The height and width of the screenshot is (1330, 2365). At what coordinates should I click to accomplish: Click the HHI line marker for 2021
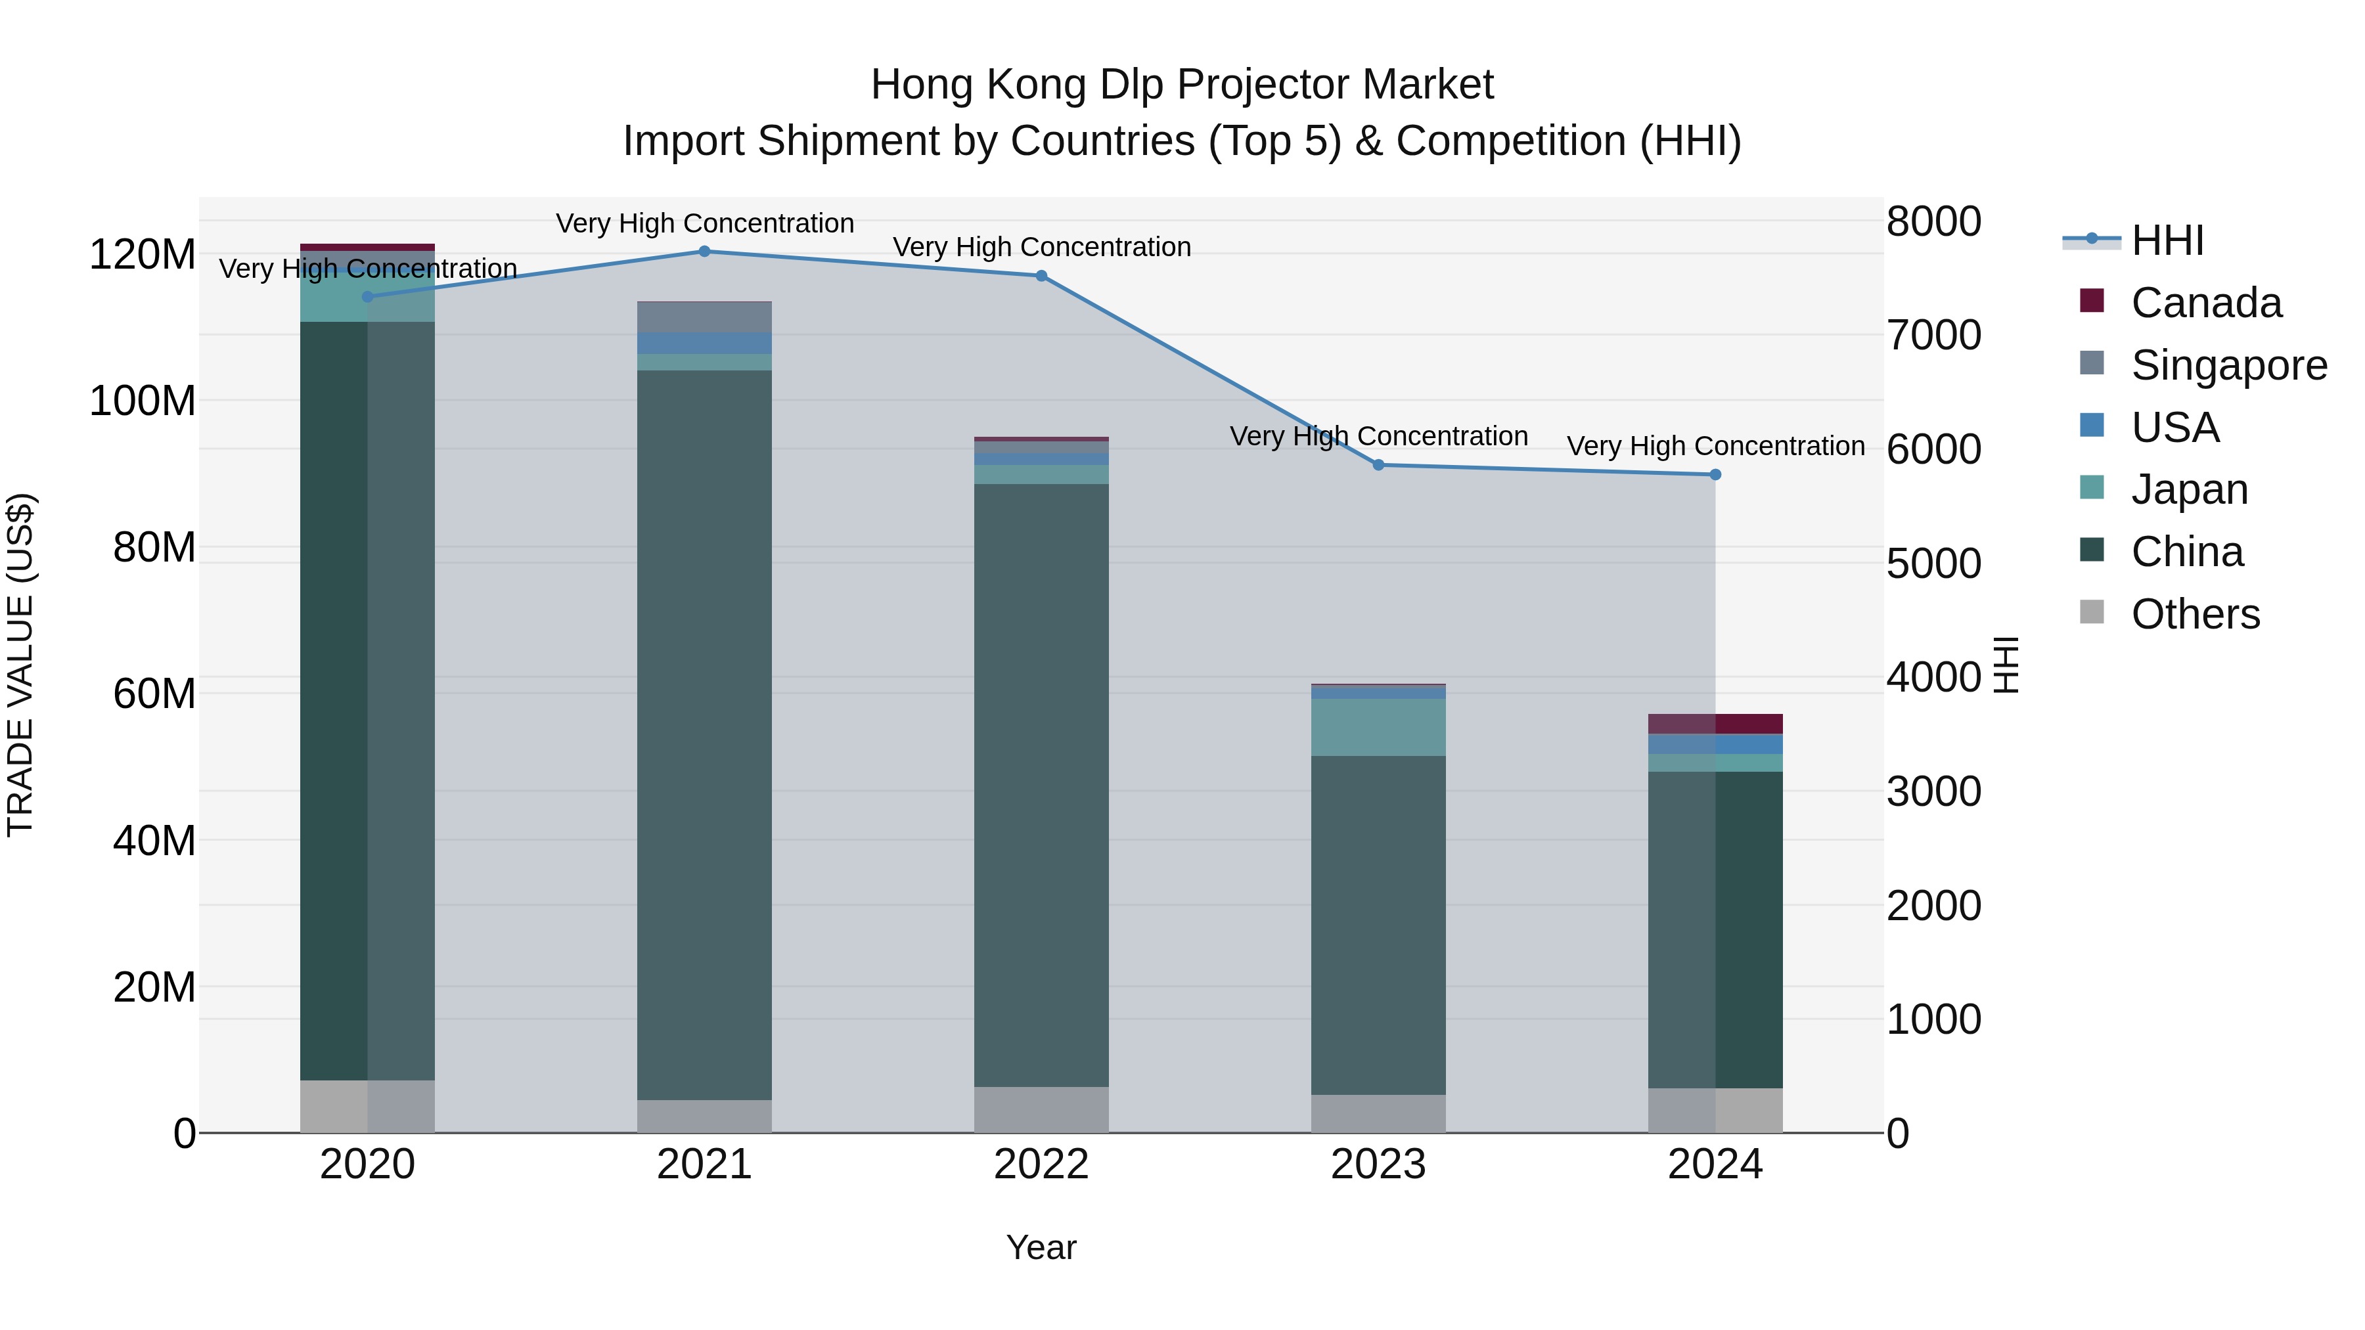[704, 252]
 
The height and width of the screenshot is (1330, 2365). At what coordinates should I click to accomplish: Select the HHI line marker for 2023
[1378, 466]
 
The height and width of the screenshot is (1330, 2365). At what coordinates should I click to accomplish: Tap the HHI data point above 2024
[1715, 475]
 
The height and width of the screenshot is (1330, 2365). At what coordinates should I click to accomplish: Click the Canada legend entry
[2205, 303]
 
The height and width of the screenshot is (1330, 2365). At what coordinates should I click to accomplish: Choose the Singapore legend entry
[2228, 365]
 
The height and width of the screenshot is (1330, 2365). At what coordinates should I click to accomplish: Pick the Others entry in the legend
[2194, 614]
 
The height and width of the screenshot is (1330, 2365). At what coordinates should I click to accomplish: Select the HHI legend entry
[2167, 240]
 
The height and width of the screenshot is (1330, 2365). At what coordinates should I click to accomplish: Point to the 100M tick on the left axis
[143, 401]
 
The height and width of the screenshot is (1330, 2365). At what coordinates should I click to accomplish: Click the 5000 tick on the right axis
[1933, 564]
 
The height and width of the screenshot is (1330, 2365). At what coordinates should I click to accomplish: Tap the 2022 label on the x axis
[1041, 1164]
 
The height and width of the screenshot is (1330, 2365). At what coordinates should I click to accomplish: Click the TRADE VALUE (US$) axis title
[20, 665]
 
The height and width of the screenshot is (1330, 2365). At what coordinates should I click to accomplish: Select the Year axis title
[1041, 1247]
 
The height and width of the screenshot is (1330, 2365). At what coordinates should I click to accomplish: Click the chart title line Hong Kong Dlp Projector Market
[1182, 85]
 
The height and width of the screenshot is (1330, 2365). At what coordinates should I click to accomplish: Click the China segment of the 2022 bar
[1041, 785]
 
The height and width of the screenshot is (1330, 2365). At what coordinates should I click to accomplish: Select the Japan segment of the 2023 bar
[1378, 727]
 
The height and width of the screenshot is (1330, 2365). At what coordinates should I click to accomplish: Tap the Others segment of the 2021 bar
[704, 1115]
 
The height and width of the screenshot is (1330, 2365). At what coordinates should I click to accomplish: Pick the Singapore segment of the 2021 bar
[704, 317]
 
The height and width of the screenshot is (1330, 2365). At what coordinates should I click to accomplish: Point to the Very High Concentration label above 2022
[1041, 247]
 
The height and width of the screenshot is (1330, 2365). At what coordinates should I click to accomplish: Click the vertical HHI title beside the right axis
[2007, 665]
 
